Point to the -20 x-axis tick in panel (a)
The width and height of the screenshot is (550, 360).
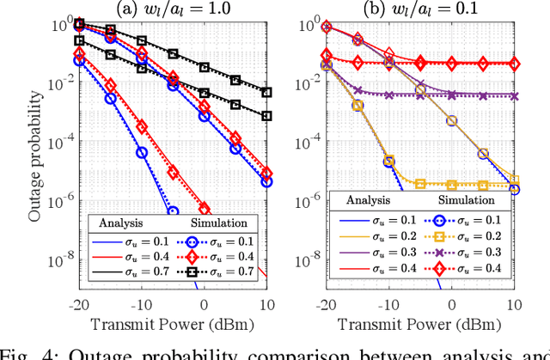click(77, 305)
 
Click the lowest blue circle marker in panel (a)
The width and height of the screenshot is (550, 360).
click(173, 211)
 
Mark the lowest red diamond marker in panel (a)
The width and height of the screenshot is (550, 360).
click(205, 209)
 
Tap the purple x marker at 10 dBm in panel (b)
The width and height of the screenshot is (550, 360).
click(514, 96)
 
